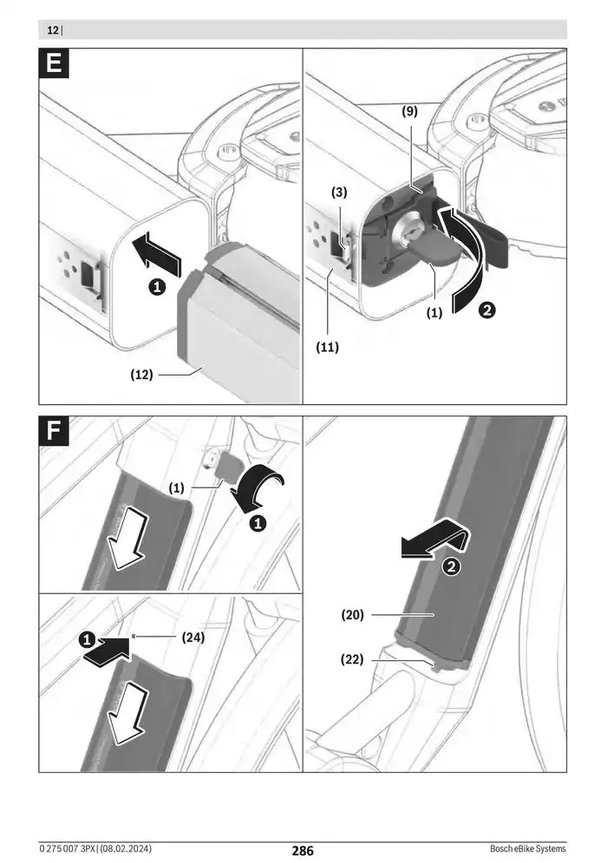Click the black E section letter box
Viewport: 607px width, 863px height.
pos(55,65)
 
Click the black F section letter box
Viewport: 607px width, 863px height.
pos(55,432)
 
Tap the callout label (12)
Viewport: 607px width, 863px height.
pos(142,375)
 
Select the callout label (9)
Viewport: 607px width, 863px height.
pos(409,111)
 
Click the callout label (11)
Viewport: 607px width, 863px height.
pos(327,347)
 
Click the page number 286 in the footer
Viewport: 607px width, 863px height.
pos(303,851)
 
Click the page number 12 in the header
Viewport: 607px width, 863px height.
pos(53,30)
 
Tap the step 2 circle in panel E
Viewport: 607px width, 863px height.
pos(488,309)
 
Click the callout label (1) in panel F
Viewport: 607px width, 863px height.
pos(177,488)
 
